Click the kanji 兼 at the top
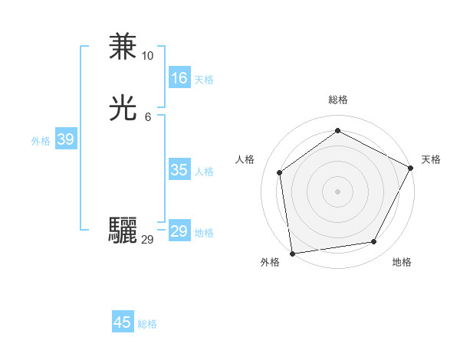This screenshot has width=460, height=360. click(x=123, y=47)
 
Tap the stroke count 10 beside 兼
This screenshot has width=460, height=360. click(x=147, y=56)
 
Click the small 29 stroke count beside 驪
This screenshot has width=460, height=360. click(x=147, y=240)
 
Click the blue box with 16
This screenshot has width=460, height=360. click(x=179, y=78)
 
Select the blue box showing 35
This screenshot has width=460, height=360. click(x=179, y=170)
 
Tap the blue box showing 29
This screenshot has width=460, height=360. click(x=179, y=231)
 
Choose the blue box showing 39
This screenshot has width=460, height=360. click(x=65, y=139)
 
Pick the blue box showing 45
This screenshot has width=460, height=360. click(x=123, y=322)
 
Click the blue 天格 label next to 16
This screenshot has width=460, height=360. click(x=204, y=80)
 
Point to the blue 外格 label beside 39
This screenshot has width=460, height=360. click(x=41, y=141)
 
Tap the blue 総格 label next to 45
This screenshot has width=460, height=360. click(x=147, y=324)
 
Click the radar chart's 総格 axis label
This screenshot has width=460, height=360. click(x=337, y=100)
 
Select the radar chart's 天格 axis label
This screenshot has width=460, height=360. click(x=431, y=159)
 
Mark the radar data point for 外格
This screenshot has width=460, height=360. click(x=292, y=253)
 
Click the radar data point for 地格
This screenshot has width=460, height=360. click(x=374, y=242)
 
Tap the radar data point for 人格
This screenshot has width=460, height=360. click(x=280, y=172)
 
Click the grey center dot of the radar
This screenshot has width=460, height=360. click(x=337, y=191)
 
